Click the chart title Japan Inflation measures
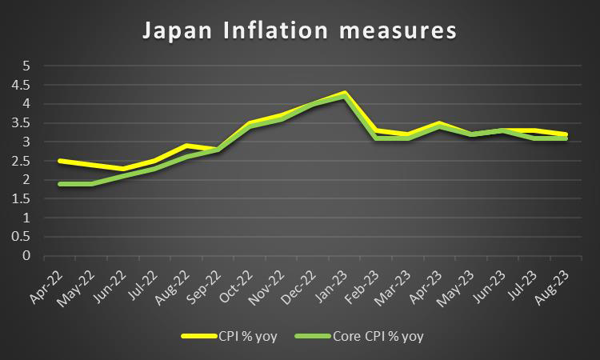(299, 31)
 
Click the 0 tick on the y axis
(26, 256)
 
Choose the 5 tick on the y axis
(26, 65)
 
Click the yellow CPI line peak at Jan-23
(345, 93)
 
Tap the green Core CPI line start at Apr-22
(60, 184)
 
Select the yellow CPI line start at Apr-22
(60, 161)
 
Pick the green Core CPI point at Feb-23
(377, 138)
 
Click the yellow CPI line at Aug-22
(186, 146)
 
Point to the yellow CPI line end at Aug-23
(566, 134)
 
